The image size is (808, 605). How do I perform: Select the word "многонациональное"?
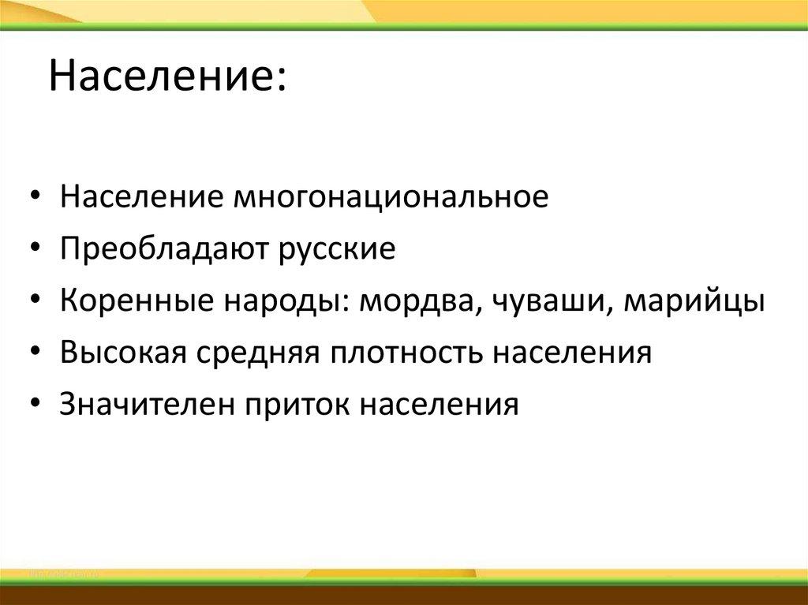click(x=389, y=197)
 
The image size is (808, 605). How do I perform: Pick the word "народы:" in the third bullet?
click(x=283, y=301)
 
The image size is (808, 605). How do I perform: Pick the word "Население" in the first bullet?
click(x=140, y=197)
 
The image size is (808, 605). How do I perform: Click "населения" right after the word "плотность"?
click(x=574, y=353)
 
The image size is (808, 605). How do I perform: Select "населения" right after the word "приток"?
click(x=440, y=405)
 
